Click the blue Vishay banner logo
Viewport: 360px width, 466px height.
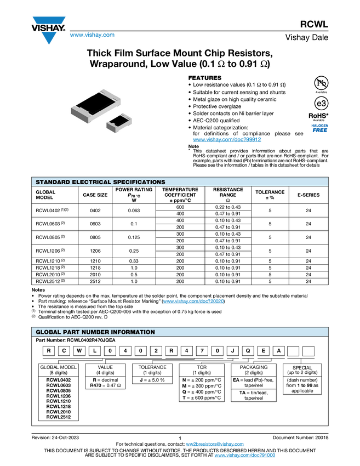coord(49,20)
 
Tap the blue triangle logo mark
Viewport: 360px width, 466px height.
coord(49,38)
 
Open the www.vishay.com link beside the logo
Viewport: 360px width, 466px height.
coord(92,36)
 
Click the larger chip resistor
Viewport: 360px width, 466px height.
coord(95,105)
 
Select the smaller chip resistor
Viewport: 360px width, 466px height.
coord(118,122)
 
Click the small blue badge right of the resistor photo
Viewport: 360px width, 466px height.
coord(319,128)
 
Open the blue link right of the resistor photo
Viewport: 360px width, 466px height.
coord(227,140)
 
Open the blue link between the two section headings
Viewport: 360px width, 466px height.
coord(193,302)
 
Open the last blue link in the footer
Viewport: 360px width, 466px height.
coord(245,456)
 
